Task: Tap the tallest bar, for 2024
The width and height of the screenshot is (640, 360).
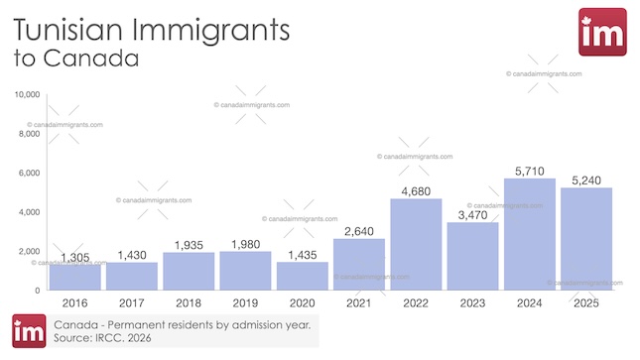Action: (530, 234)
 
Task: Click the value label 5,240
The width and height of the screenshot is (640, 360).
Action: (585, 179)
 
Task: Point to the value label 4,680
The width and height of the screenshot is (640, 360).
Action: (416, 190)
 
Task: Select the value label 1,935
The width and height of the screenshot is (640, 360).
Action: (189, 244)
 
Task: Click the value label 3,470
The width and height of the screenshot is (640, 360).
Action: (472, 213)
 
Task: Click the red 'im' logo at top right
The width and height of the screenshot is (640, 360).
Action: (601, 33)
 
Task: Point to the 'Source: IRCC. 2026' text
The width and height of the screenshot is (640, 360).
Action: (102, 338)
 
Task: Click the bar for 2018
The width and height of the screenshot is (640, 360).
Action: (189, 271)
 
